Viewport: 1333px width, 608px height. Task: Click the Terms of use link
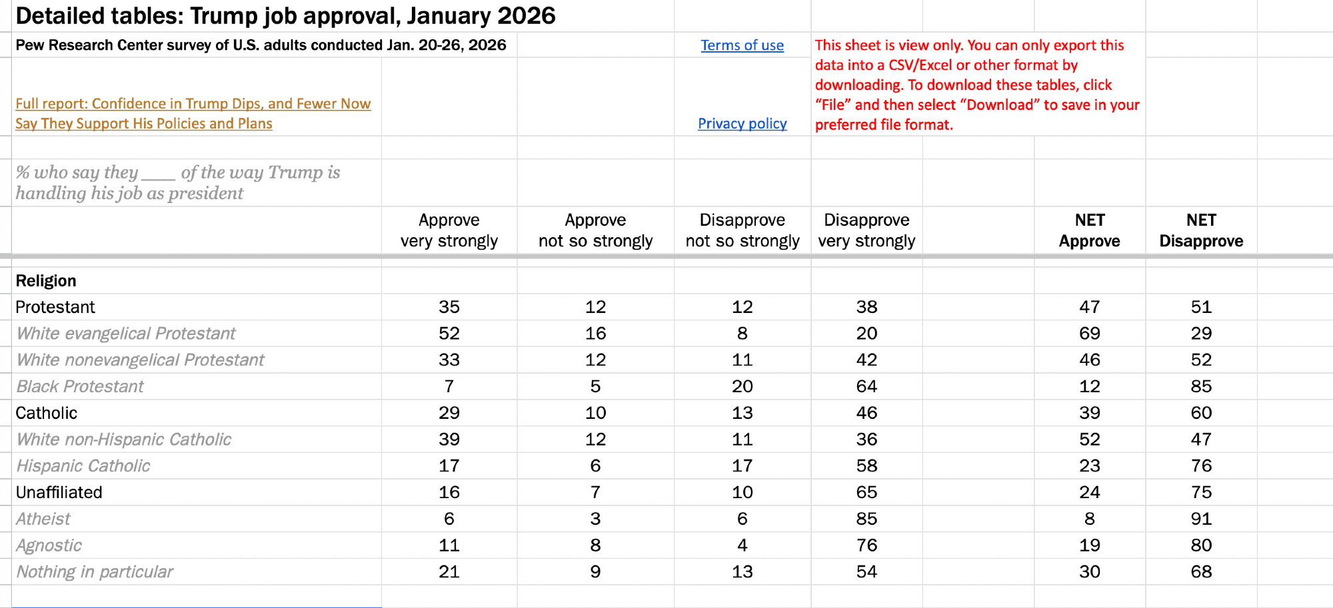(x=742, y=45)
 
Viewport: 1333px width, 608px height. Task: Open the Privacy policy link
(x=742, y=124)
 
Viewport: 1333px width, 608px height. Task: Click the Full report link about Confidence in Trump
(x=193, y=113)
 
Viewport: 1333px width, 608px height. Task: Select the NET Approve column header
(x=1089, y=230)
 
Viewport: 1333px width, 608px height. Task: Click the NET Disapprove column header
(x=1201, y=230)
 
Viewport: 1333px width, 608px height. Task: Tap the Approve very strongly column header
(x=449, y=230)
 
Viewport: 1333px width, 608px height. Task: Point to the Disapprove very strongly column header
(x=866, y=230)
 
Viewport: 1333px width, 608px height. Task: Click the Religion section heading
(x=46, y=281)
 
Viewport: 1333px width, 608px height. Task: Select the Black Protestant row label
(x=80, y=387)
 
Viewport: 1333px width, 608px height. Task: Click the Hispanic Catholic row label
(x=83, y=466)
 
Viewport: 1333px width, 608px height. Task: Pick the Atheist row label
(x=43, y=519)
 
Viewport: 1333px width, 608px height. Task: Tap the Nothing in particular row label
(x=95, y=572)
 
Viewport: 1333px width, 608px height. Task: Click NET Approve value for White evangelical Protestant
(x=1089, y=334)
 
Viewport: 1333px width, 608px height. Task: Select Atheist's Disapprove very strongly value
(x=866, y=519)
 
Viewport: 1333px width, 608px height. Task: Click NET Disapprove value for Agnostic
(x=1201, y=545)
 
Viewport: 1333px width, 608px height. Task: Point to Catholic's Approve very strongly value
(x=449, y=413)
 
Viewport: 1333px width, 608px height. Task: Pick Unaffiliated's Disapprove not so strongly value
(x=742, y=493)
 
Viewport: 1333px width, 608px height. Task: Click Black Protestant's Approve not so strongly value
(x=595, y=387)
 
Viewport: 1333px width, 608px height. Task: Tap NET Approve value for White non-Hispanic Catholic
(x=1089, y=440)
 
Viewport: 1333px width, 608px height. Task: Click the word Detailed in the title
(x=58, y=16)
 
